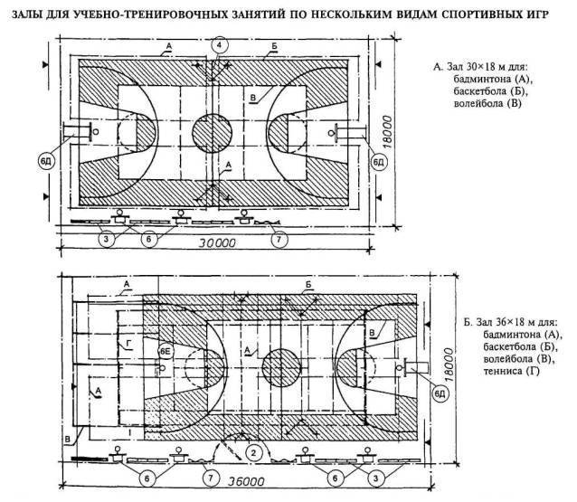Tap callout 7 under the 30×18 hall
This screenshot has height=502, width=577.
[x=279, y=239]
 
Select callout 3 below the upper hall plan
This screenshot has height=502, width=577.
[x=107, y=239]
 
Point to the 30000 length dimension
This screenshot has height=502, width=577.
[x=217, y=243]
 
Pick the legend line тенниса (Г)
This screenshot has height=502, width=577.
[x=506, y=374]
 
